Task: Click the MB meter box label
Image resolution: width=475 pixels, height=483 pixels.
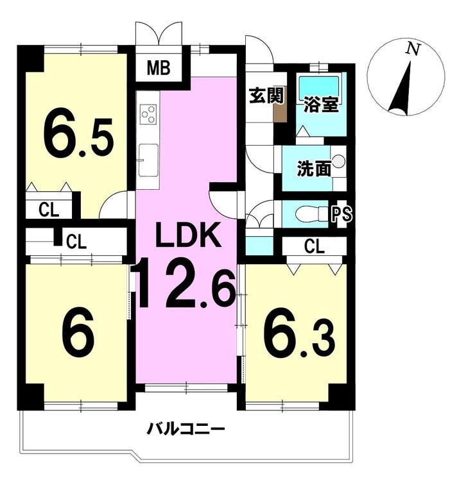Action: coord(159,68)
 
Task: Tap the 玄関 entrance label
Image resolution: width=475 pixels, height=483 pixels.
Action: coord(266,95)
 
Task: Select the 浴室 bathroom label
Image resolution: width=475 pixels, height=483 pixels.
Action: coord(321,105)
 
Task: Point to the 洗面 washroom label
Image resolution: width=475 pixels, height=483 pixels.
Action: coord(314,168)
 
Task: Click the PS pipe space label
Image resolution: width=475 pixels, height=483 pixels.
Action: coord(341,214)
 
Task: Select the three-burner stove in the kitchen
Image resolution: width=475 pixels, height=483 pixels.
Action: coord(148,114)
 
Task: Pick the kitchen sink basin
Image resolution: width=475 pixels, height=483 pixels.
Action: coord(148,160)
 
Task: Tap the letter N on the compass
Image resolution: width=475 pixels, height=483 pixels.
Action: coord(413,49)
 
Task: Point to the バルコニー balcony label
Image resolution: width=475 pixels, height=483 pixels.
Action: coord(186,428)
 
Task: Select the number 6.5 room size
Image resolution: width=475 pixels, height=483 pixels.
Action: coord(78,132)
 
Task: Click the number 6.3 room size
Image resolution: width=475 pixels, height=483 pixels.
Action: coord(299,332)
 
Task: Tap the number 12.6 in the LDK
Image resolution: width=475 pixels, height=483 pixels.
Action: coord(186,282)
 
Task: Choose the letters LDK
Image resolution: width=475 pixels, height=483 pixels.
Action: coord(189,234)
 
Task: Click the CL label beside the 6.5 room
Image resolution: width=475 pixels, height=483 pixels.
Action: coord(49,210)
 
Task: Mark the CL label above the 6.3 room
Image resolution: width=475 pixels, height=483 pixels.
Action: coord(314,246)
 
